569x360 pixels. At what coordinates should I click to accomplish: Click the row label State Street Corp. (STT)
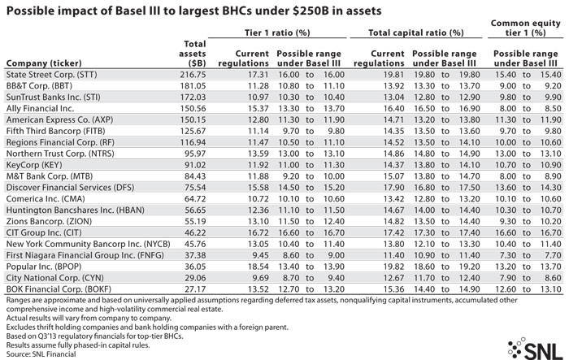(x=52, y=75)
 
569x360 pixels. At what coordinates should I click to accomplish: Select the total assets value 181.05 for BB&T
(x=193, y=86)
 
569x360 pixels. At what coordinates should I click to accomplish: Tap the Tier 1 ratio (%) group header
(x=277, y=33)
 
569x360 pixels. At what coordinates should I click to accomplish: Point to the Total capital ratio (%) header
(x=416, y=33)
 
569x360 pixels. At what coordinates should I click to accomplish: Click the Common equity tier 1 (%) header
(x=525, y=28)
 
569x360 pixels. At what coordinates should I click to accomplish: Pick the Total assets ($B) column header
(x=193, y=54)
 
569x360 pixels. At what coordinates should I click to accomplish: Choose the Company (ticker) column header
(x=44, y=63)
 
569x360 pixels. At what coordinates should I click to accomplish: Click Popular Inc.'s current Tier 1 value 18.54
(x=258, y=267)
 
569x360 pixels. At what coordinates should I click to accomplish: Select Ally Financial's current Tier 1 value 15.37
(x=258, y=109)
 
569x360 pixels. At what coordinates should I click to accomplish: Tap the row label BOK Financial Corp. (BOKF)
(x=59, y=289)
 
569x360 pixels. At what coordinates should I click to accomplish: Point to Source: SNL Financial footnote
(x=41, y=354)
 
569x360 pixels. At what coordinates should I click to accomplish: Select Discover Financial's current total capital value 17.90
(x=393, y=188)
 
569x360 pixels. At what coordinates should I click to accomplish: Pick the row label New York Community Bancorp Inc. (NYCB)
(x=88, y=245)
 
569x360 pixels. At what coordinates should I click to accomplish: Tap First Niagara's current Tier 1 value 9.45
(x=260, y=255)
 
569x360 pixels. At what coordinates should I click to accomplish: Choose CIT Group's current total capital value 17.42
(x=393, y=232)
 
